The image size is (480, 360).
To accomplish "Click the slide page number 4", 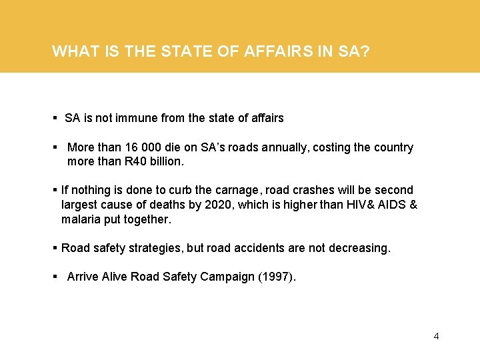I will click(x=436, y=336).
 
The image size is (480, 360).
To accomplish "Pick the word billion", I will click(x=167, y=161).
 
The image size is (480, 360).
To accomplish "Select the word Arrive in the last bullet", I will click(x=83, y=277).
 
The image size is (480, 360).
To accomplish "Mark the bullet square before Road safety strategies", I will click(x=55, y=248).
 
